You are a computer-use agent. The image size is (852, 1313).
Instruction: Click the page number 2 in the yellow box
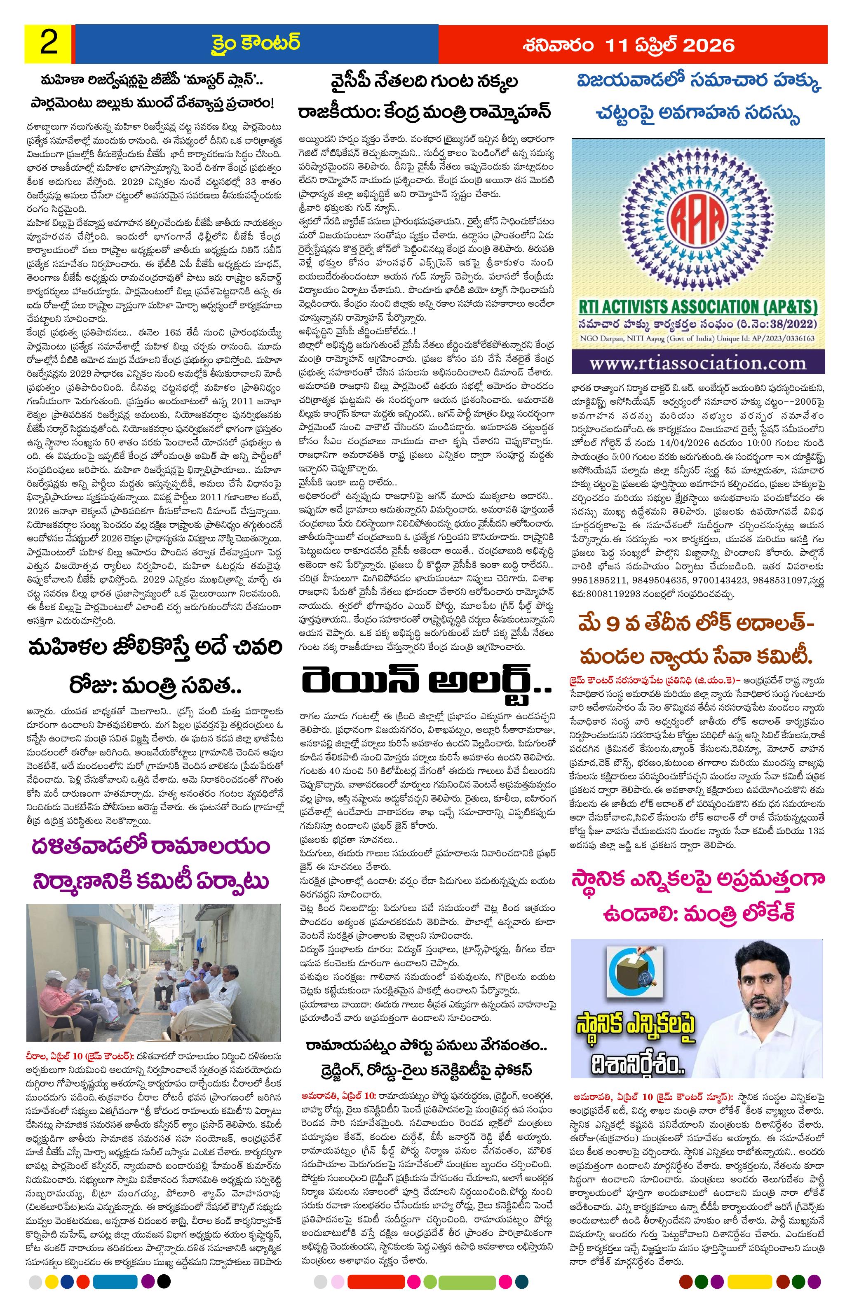point(49,43)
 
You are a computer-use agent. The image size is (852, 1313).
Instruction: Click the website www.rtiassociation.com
point(698,363)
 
